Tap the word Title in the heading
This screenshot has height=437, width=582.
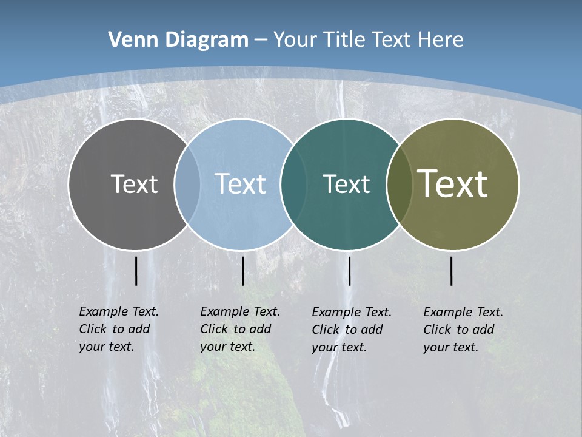[344, 40]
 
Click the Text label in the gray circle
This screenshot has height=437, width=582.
[134, 184]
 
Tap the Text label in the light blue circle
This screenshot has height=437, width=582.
[240, 184]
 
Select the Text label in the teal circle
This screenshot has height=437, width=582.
[346, 184]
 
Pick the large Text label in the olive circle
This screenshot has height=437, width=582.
[453, 184]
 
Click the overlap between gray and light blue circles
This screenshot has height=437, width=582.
[187, 184]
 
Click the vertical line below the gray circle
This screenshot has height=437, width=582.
[136, 271]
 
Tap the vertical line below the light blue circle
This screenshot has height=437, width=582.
[242, 271]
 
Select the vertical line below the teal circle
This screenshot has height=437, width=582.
[349, 271]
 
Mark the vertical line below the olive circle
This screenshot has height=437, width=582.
[451, 271]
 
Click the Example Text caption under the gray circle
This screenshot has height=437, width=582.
[119, 329]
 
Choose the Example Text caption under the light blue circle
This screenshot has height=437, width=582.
[240, 329]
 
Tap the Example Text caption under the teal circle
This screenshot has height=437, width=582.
[352, 330]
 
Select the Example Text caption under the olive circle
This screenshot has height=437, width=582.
[463, 330]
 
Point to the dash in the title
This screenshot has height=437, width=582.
[261, 40]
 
